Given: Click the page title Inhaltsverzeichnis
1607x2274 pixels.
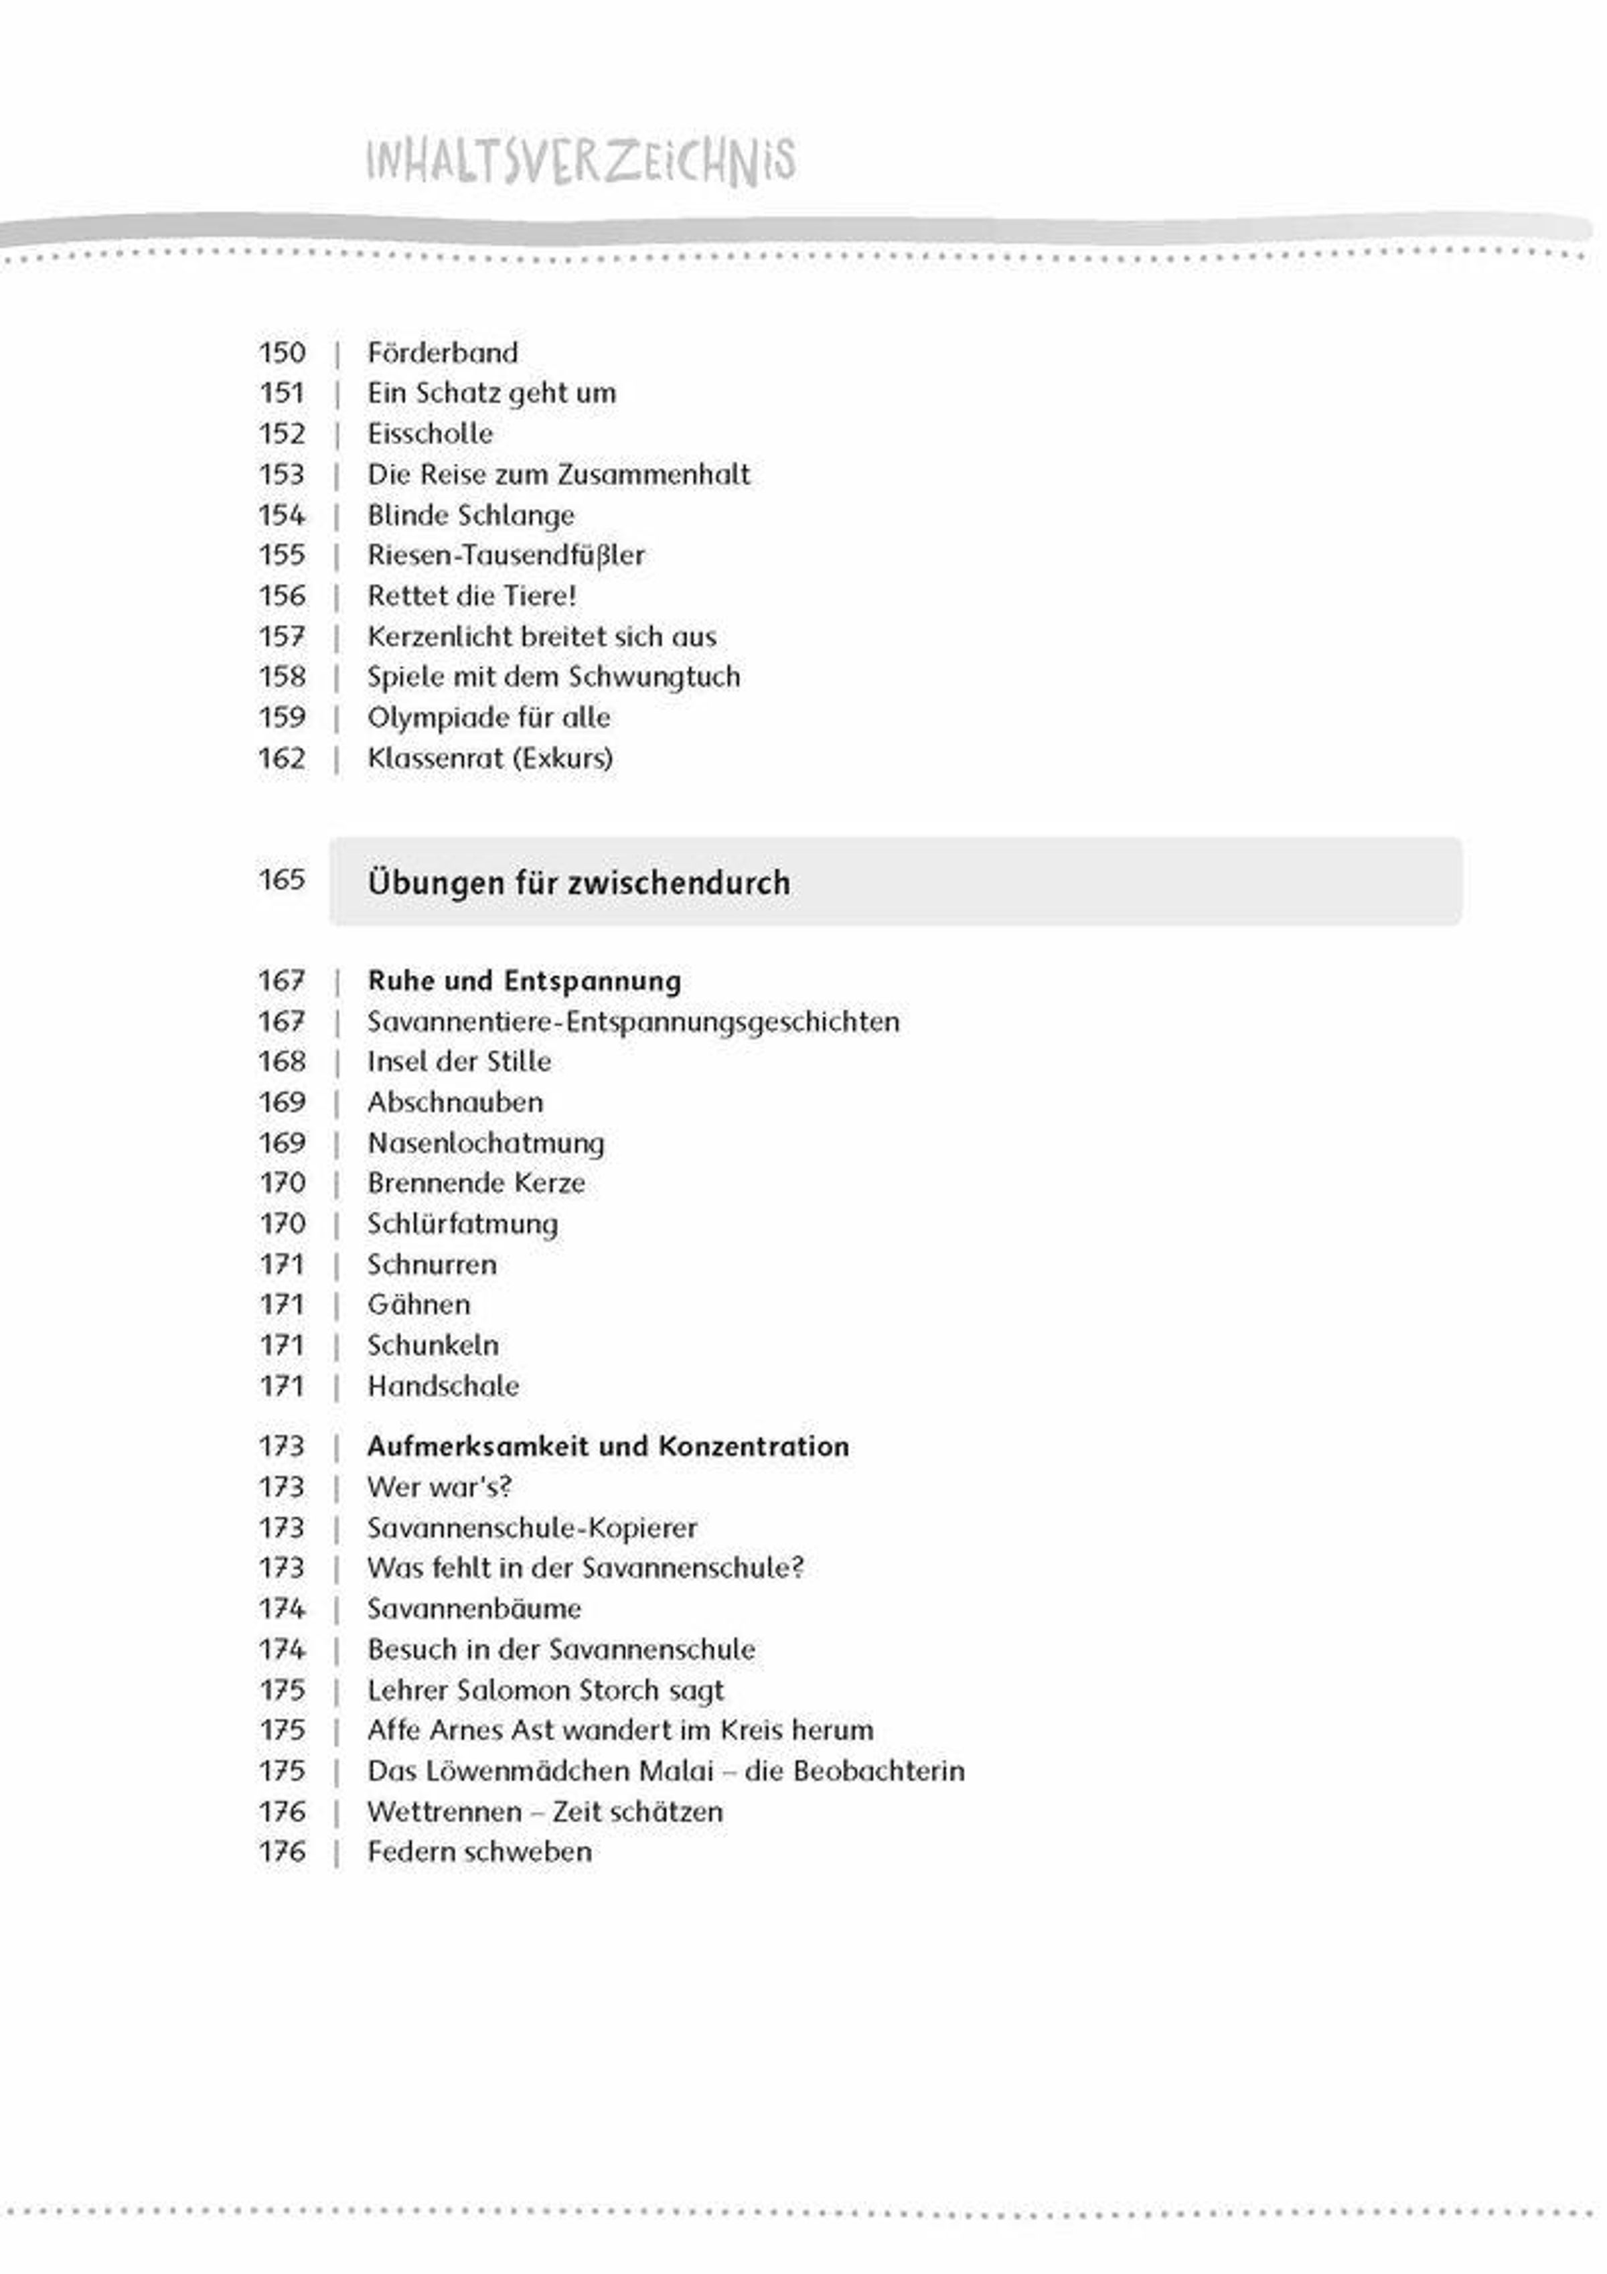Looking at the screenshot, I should [581, 161].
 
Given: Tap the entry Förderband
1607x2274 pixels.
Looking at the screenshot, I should [443, 352].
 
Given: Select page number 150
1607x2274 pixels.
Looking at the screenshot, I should [282, 352].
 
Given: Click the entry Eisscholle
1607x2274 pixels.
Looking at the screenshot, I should [430, 434].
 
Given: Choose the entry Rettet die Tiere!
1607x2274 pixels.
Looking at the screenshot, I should [471, 596].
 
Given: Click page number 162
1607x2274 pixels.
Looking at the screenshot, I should [282, 759].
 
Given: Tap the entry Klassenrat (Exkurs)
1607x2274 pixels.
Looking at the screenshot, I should [490, 759].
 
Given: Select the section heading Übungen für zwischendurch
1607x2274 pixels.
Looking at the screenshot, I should [579, 882].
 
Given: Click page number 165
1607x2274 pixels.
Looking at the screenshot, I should [282, 879].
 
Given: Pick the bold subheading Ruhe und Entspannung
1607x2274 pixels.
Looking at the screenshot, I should [524, 981].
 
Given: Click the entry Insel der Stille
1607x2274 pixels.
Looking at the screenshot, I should [459, 1062].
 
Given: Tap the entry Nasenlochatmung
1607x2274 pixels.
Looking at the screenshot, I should [485, 1143].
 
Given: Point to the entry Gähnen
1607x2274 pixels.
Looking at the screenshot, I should [419, 1304].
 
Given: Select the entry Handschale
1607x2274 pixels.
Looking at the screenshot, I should [443, 1386].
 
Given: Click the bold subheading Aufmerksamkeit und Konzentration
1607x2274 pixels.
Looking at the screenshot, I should [608, 1446].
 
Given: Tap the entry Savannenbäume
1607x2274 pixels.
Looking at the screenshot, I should [474, 1608].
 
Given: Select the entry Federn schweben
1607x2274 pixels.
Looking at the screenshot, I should [479, 1851].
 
